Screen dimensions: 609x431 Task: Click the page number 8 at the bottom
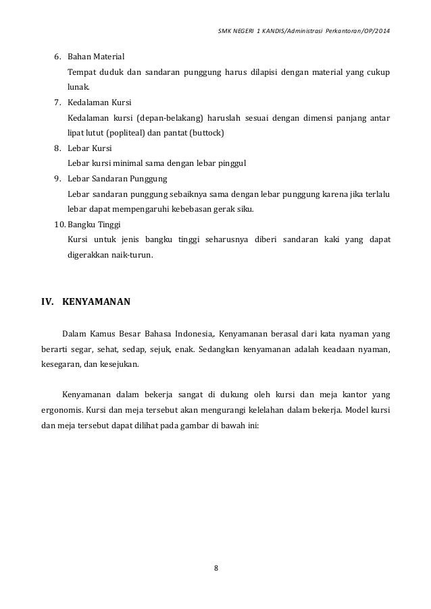point(215,567)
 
